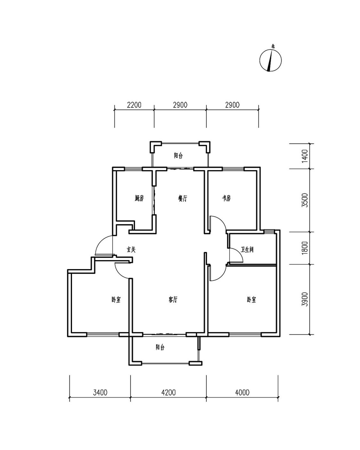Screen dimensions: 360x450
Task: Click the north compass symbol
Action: point(270,60)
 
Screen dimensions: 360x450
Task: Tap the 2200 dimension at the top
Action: point(134,105)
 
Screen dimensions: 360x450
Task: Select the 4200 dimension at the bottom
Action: point(169,392)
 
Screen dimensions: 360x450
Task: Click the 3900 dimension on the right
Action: point(305,299)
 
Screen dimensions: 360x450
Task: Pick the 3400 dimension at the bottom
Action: point(100,392)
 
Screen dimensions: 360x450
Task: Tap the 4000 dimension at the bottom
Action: point(242,392)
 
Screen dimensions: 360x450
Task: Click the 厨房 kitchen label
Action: point(139,198)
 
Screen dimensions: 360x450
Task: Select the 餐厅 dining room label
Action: point(182,198)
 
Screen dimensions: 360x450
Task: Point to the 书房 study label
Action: point(227,198)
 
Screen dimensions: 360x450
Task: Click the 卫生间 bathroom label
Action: point(247,249)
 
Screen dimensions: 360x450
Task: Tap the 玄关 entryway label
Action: point(131,249)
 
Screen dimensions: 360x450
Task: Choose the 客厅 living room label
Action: point(173,300)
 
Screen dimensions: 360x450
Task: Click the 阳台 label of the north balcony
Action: point(178,156)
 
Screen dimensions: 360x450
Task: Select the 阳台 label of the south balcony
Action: point(160,347)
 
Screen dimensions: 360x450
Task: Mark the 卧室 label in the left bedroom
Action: point(116,300)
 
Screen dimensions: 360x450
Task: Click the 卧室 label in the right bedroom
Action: point(251,300)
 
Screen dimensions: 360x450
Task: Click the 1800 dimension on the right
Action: point(305,248)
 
